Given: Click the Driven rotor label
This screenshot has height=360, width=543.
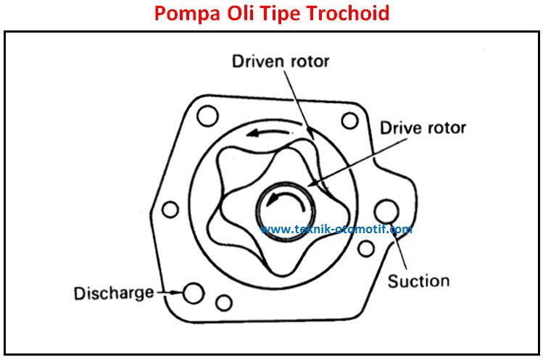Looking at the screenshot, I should coord(280,61).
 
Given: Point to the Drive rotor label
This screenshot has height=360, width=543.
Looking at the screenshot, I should coord(423,128).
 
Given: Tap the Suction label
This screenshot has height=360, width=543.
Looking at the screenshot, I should coord(418,280).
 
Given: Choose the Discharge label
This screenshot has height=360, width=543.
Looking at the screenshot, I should coord(114,293).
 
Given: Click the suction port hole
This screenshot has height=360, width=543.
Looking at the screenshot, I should coord(386,211).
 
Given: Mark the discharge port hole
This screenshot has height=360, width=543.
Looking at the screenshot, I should coord(193,293).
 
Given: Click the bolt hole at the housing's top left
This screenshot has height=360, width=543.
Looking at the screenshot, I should coord(207,114).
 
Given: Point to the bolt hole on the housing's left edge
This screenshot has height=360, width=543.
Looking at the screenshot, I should coord(170,209).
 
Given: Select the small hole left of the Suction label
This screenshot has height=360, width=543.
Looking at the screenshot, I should coord(367,249).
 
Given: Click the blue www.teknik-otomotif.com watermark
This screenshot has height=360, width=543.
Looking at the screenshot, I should coord(336,229).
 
